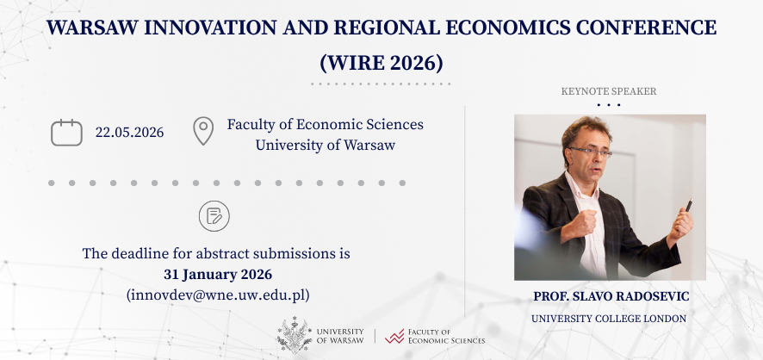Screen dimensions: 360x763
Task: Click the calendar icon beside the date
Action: tap(66, 133)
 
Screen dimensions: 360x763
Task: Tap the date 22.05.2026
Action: tap(129, 133)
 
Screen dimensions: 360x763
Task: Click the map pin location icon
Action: tap(203, 132)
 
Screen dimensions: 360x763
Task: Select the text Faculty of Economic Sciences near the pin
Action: tap(325, 124)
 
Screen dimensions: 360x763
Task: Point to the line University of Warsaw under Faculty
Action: tap(325, 145)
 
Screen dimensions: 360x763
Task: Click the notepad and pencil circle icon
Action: tap(214, 215)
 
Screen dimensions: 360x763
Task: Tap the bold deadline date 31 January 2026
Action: tap(217, 274)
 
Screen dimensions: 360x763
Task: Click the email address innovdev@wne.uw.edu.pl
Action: tap(217, 295)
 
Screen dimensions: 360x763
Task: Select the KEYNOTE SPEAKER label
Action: tap(608, 91)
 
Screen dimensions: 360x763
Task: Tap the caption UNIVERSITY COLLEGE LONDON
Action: tap(609, 319)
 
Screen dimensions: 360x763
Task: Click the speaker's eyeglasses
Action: tap(590, 151)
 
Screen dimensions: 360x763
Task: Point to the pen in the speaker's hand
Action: tap(688, 206)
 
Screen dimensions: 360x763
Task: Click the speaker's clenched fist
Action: tap(586, 221)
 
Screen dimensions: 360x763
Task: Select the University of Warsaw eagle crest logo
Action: tap(294, 335)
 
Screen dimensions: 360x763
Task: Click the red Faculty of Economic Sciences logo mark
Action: tap(395, 336)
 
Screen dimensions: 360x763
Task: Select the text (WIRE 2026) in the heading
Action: tap(381, 63)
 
